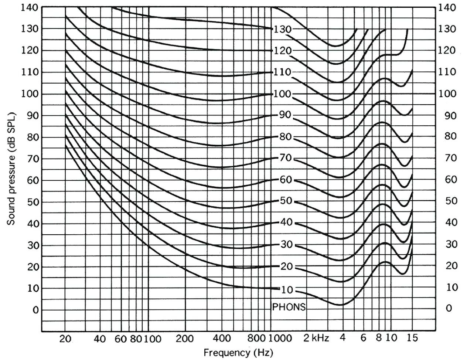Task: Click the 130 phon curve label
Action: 283,29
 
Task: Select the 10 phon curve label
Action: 287,290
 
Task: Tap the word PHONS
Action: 289,307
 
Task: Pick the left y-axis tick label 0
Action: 35,310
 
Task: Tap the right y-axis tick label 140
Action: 447,7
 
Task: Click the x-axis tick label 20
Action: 65,339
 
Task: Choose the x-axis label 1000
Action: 279,339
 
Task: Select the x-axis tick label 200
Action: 185,339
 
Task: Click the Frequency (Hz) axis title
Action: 238,353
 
